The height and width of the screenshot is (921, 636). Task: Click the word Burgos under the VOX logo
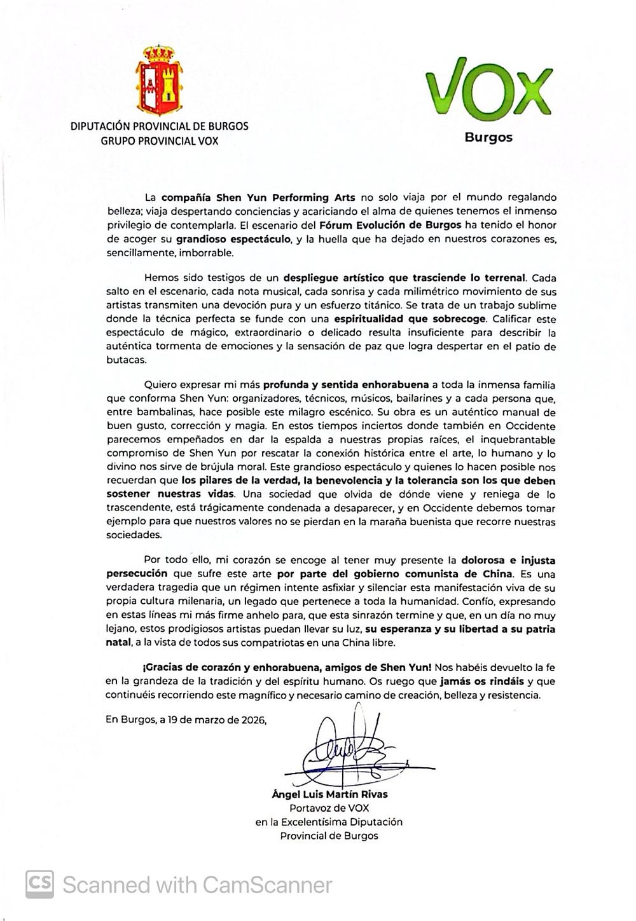pos(488,137)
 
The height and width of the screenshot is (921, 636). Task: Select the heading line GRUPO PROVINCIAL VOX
pos(159,141)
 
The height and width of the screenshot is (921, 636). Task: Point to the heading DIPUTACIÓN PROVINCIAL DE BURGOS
pos(159,126)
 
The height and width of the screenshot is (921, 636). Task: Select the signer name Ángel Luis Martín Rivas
pos(329,794)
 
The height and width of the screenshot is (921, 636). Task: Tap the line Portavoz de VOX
pos(329,808)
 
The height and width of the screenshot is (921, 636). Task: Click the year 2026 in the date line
pos(249,720)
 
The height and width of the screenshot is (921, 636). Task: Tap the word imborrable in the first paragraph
pos(207,253)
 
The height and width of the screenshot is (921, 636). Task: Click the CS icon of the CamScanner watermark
pos(39,883)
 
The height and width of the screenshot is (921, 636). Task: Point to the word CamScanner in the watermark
pos(267,885)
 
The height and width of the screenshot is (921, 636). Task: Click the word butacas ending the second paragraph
pos(126,360)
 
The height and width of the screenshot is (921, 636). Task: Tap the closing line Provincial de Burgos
pos(329,836)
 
